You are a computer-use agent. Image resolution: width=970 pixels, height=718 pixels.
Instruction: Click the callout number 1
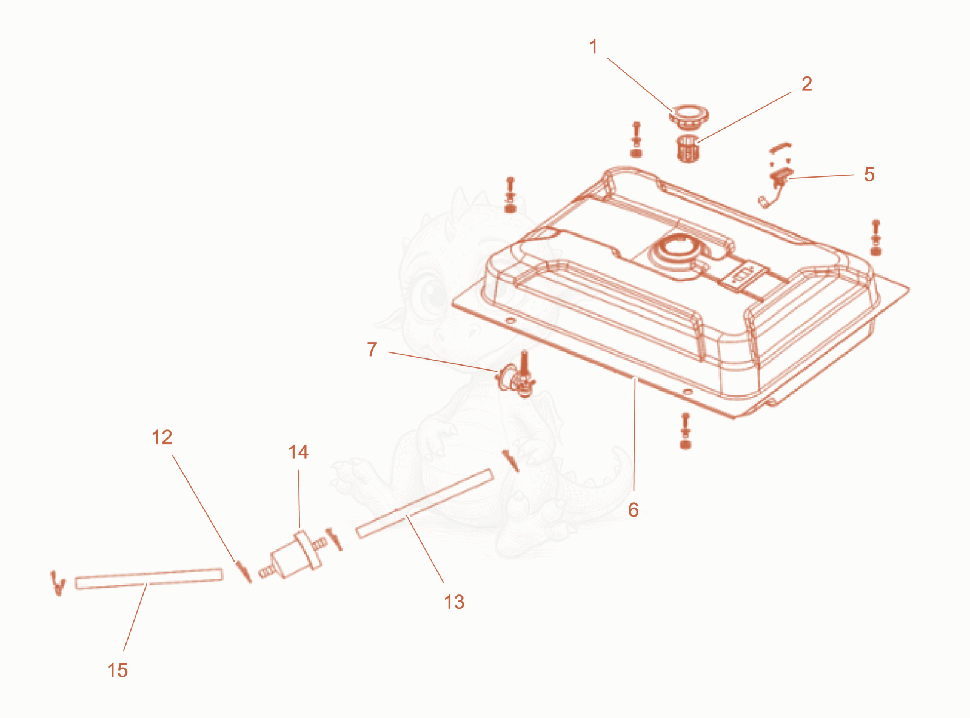(x=593, y=47)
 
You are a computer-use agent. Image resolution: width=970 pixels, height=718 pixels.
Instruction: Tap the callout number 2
(x=807, y=84)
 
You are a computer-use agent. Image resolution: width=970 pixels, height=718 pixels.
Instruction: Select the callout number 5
(x=869, y=174)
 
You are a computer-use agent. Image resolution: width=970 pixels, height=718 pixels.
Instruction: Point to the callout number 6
(x=634, y=510)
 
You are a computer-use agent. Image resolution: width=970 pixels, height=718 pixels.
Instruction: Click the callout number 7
(x=372, y=349)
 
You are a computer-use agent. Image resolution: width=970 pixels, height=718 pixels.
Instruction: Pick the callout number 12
(x=162, y=437)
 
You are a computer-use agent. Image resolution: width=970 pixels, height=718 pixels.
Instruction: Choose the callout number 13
(x=455, y=602)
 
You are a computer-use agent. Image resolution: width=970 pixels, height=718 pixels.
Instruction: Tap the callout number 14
(x=299, y=452)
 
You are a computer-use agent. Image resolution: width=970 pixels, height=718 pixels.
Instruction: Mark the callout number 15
(x=118, y=670)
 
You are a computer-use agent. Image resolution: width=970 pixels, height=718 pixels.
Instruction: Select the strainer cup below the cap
(x=688, y=149)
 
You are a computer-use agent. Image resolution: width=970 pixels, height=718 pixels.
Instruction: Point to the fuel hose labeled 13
(x=424, y=503)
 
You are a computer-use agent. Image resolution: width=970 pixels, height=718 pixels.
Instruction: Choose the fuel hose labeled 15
(x=149, y=579)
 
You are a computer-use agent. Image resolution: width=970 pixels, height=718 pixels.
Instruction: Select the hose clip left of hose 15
(x=58, y=583)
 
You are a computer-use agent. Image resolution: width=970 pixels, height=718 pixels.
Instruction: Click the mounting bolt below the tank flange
(x=685, y=431)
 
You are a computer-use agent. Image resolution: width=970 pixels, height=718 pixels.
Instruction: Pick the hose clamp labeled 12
(x=244, y=571)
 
